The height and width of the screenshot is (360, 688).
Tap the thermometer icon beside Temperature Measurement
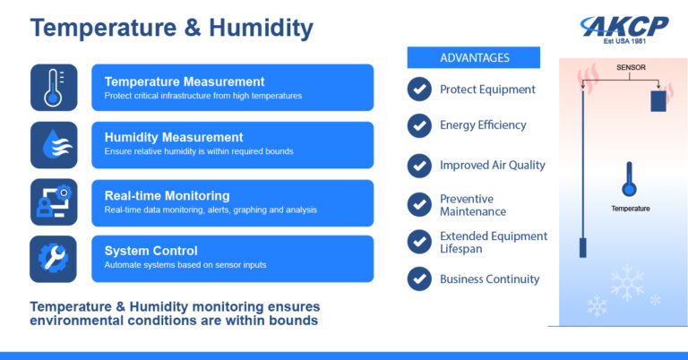pos(53,87)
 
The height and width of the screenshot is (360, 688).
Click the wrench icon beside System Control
pos(53,258)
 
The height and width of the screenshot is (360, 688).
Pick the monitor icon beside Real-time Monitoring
pos(53,201)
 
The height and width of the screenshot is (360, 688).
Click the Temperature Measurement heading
pos(185,81)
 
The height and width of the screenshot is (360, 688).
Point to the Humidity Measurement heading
pos(174,138)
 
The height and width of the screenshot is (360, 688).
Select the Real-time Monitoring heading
pos(167,195)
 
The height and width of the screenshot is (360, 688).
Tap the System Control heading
pos(150,251)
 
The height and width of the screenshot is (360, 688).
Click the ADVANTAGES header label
pos(475,58)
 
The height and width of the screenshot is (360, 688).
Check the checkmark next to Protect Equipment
pos(419,90)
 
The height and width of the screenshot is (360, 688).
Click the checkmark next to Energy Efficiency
pos(419,125)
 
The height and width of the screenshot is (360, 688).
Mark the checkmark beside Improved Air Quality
pos(419,166)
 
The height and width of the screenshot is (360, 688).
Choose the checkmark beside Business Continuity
pos(419,279)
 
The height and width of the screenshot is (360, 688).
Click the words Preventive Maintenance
pos(473,205)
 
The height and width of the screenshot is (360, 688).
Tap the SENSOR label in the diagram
pos(631,68)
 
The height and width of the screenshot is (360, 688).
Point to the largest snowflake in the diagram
pos(627,283)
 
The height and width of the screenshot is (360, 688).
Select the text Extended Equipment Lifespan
pos(494,243)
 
